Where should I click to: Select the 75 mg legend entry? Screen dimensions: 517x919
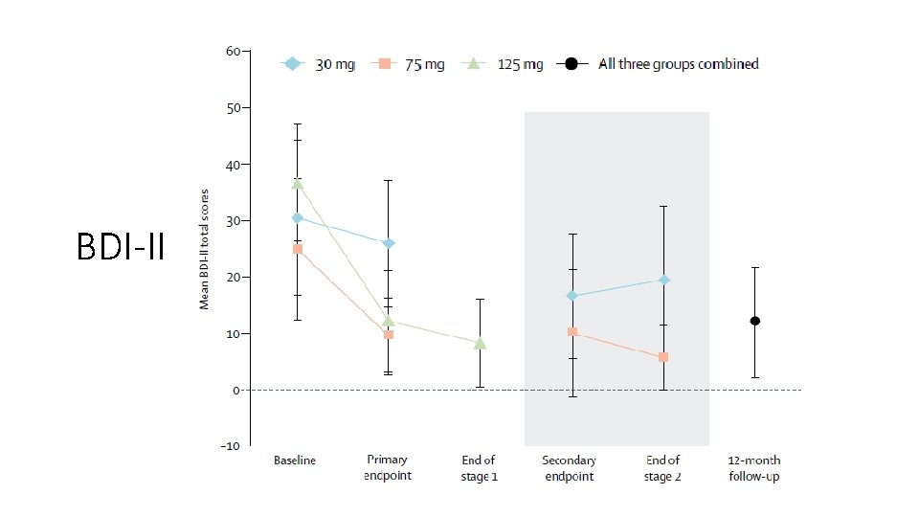pos(411,64)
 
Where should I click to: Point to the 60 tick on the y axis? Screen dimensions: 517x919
pos(233,51)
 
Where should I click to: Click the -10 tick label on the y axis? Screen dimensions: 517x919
pos(230,446)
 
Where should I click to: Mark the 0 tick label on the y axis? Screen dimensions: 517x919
pos(235,390)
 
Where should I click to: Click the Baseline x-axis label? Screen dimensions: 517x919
pos(295,461)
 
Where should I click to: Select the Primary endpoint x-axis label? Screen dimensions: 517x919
pos(388,468)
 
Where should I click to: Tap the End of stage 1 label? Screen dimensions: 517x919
pos(479,468)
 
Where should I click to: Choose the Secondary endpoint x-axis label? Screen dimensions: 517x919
pos(570,468)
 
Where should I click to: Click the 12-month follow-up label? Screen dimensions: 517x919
pos(754,468)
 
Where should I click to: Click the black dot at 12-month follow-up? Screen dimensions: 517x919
pos(755,321)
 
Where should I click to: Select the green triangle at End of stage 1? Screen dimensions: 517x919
pos(480,343)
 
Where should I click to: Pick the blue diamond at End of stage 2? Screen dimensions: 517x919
pos(663,280)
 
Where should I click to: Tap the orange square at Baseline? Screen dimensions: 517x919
pos(298,249)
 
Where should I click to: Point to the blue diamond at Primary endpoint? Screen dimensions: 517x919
pos(389,243)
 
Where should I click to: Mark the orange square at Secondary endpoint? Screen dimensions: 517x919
pos(572,332)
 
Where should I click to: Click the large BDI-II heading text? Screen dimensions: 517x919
pos(120,249)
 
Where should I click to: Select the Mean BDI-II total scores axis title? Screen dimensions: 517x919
pos(204,249)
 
